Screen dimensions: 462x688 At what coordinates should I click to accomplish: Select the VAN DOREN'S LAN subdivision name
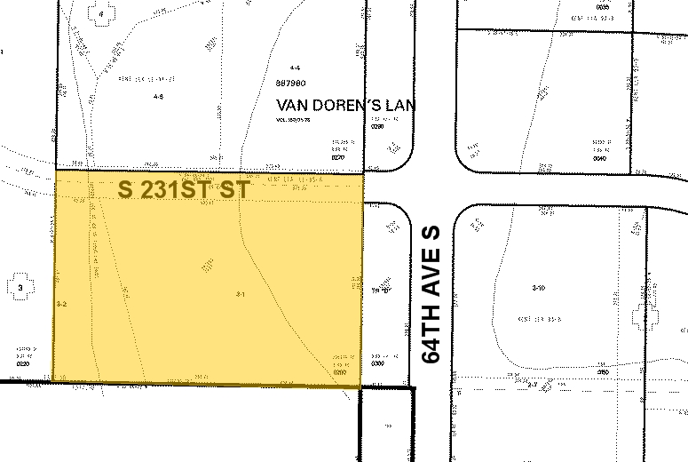point(345,105)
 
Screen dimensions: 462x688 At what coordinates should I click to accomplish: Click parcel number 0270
point(337,157)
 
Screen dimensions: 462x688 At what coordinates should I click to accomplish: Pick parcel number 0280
point(377,127)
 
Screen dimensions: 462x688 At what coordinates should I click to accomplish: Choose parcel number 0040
point(601,157)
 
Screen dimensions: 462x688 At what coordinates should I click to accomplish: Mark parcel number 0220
point(22,364)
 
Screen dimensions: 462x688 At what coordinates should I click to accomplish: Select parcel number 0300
point(377,364)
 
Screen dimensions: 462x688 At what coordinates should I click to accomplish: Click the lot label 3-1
point(240,294)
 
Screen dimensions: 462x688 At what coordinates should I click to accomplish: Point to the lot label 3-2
point(61,304)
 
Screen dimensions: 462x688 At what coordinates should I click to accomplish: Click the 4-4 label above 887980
point(295,68)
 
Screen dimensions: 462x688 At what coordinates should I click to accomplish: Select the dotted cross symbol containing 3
point(20,287)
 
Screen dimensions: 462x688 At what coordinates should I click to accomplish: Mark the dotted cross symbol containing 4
point(101,15)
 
